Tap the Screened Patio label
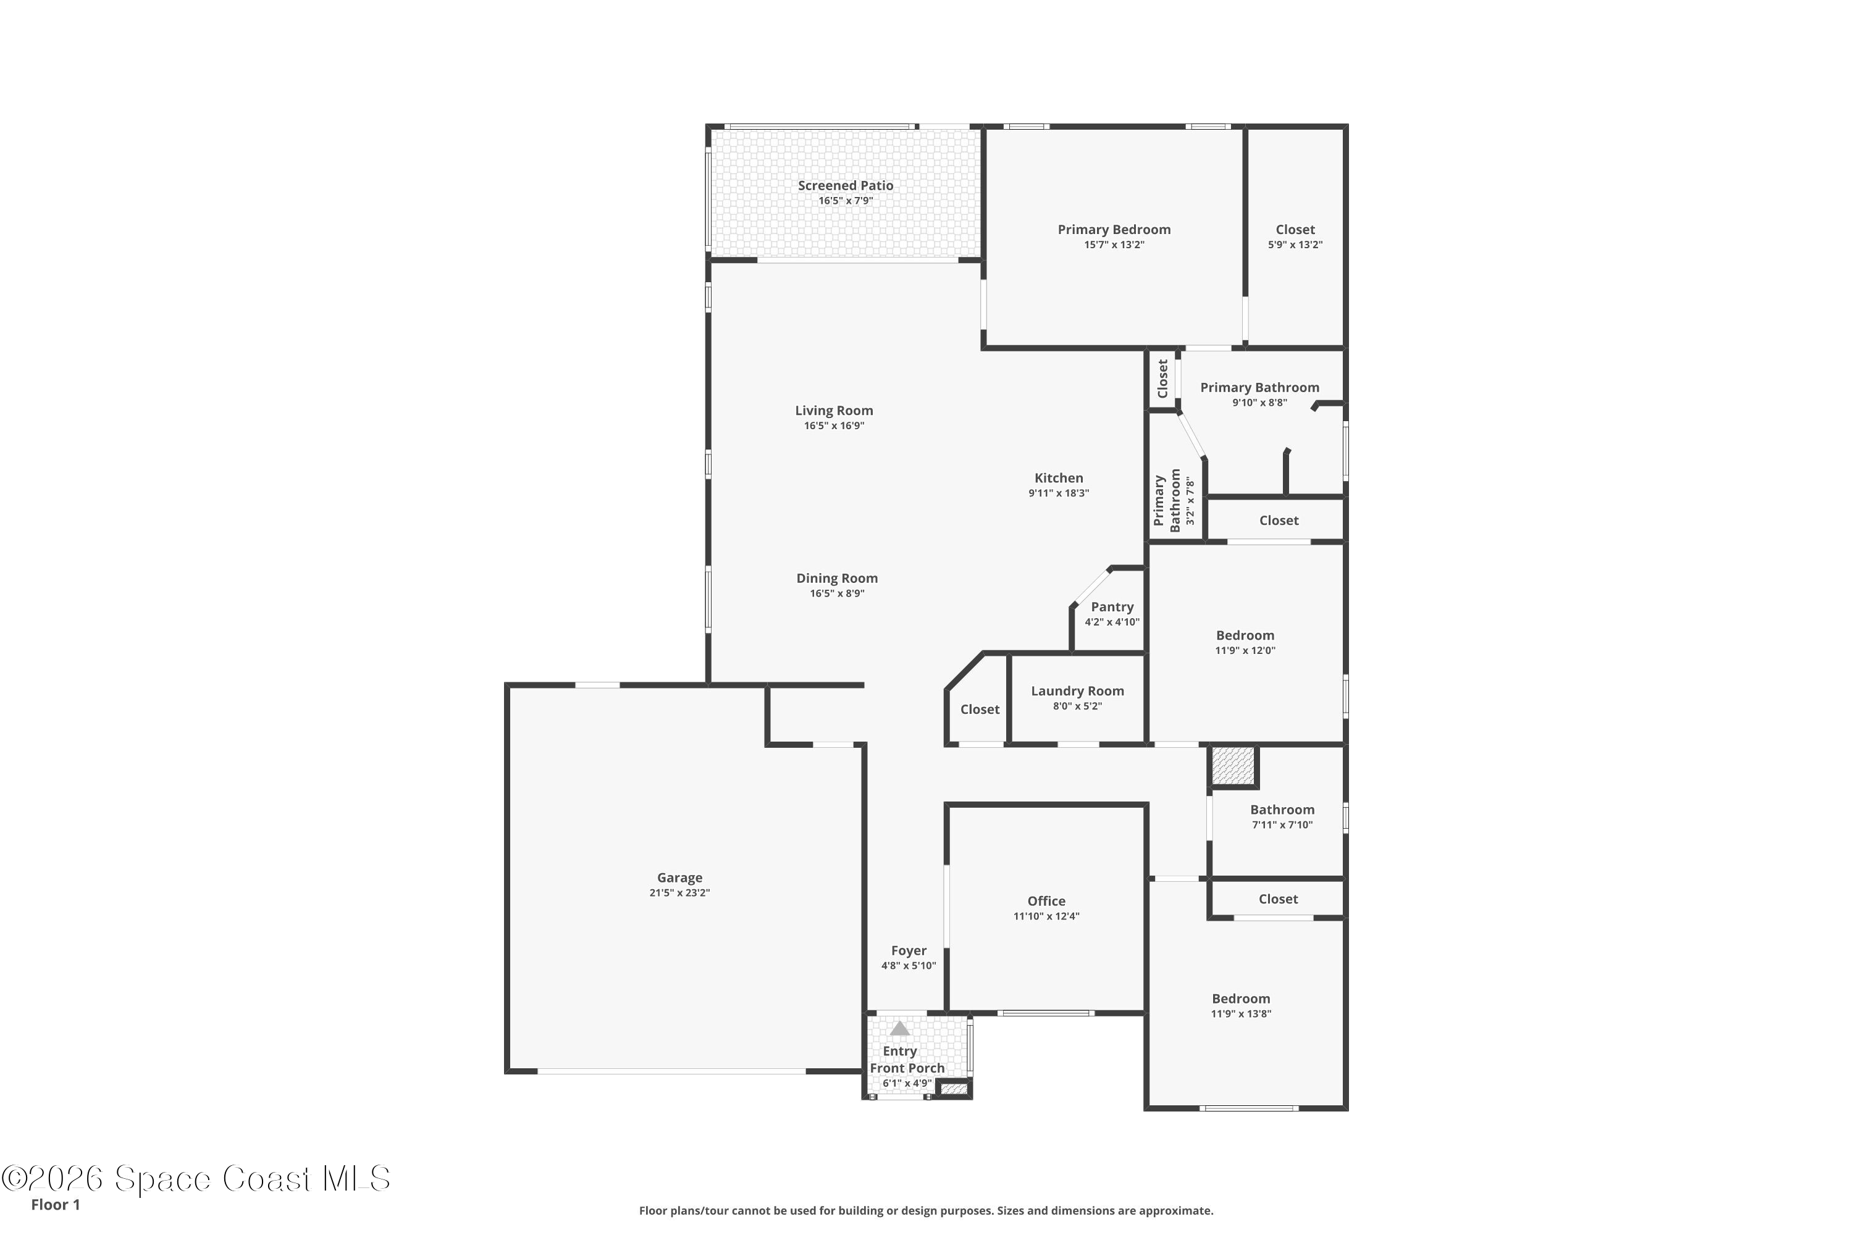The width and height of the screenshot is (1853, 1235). point(846,186)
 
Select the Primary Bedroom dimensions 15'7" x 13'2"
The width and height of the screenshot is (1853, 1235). point(1114,245)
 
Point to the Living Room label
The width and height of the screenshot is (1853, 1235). point(833,411)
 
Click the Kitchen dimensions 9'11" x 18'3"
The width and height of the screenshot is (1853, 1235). point(1059,493)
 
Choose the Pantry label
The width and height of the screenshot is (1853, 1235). point(1112,607)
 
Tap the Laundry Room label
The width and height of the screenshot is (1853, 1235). point(1078,692)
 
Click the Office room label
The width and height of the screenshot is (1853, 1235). point(1046,901)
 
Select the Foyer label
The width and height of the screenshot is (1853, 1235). point(909,951)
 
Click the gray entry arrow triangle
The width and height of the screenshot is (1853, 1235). point(900,1029)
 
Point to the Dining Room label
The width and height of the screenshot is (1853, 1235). point(837,578)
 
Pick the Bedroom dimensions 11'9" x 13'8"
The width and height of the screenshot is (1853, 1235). point(1241,1015)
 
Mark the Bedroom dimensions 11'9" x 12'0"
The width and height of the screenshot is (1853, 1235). point(1245,651)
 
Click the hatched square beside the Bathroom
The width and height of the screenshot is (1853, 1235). point(1233,766)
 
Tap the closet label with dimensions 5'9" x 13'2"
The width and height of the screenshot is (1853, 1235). point(1295,230)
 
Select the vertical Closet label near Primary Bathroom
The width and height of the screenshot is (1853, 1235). point(1163,379)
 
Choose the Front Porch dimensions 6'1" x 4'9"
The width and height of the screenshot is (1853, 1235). point(907,1084)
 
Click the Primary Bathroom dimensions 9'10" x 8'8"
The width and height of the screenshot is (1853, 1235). point(1260,403)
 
